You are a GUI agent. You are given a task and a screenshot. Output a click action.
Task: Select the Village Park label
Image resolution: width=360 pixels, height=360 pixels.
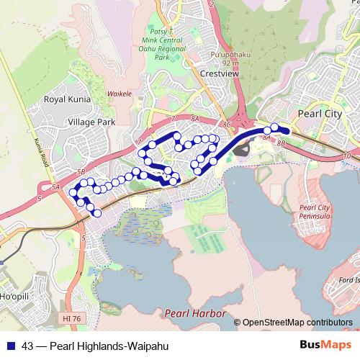pos(91,122)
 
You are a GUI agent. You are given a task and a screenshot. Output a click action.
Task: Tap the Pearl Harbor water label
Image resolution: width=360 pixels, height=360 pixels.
pos(195,313)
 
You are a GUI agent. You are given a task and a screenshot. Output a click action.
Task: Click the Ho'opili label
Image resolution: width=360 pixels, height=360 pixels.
pos(14,297)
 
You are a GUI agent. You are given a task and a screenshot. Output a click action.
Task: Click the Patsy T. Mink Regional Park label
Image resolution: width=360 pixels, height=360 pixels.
pos(165,45)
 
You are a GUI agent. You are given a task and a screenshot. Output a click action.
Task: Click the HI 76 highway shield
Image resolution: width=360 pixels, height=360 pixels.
pos(71,317)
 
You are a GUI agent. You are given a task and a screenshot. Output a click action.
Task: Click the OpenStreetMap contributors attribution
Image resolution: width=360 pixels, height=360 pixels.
pos(297,323)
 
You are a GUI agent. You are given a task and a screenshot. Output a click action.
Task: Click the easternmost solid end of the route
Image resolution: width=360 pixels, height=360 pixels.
pos(286,130)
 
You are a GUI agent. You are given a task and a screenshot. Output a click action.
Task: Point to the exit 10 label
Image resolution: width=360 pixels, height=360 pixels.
pos(348,156)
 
